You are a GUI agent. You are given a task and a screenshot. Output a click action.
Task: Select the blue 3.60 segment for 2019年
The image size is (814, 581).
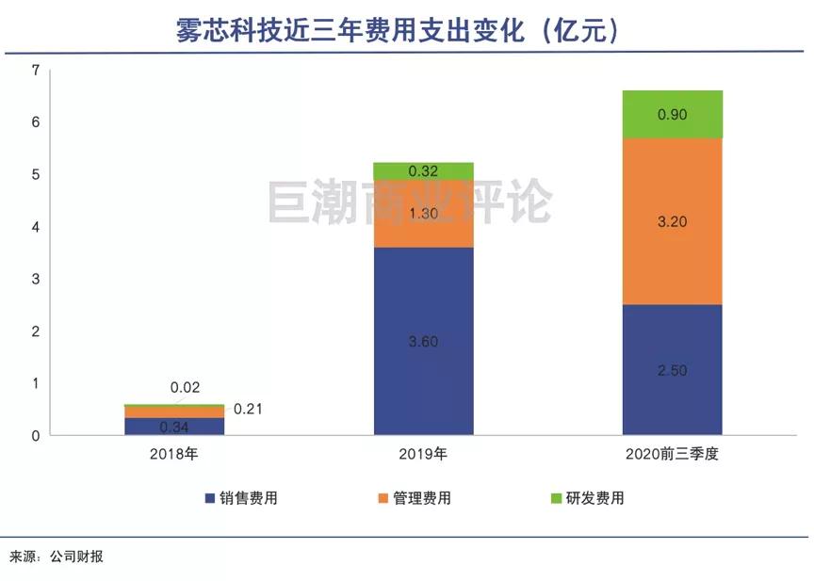click(x=423, y=341)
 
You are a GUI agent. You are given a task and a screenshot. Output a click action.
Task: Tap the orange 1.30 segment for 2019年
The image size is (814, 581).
click(x=423, y=215)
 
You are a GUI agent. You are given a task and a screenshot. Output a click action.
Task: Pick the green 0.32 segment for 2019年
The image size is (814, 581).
click(x=423, y=171)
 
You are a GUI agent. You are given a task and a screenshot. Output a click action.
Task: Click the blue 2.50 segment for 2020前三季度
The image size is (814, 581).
click(x=672, y=369)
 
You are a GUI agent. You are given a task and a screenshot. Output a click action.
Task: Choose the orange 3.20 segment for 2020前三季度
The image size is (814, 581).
click(x=672, y=222)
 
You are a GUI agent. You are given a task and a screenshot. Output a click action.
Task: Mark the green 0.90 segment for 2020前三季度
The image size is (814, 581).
click(x=672, y=114)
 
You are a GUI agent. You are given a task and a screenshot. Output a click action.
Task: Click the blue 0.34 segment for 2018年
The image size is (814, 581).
click(x=174, y=427)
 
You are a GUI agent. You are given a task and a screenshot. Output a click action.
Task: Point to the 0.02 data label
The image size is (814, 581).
click(x=185, y=387)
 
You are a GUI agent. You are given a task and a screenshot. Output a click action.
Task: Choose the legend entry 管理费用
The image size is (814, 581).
click(x=414, y=498)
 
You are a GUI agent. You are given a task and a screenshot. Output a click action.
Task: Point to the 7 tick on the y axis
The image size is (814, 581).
click(x=35, y=70)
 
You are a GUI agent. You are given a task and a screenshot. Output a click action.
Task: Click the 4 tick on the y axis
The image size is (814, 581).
click(x=35, y=227)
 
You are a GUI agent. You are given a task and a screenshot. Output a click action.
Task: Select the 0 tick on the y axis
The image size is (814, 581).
click(x=35, y=436)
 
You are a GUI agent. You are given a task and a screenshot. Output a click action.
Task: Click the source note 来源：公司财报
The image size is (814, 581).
click(x=57, y=557)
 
